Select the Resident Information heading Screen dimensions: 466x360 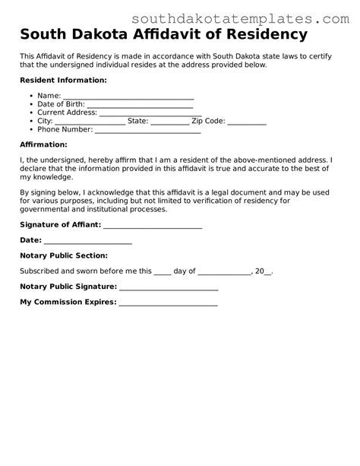pos(63,80)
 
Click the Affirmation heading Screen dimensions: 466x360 pos(43,144)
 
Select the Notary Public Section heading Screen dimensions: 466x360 pos(64,255)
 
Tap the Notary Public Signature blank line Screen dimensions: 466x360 pos(169,290)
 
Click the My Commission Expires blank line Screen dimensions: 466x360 pos(168,305)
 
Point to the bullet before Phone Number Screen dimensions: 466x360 pos(30,130)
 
